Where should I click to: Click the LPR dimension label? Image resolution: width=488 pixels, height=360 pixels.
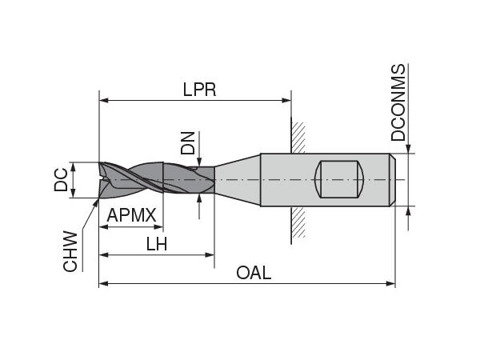pyautogui.click(x=199, y=89)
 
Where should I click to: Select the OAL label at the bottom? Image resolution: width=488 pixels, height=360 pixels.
pyautogui.click(x=254, y=273)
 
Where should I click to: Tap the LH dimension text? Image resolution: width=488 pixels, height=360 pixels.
pyautogui.click(x=157, y=244)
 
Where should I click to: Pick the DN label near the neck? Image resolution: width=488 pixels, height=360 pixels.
pyautogui.click(x=187, y=143)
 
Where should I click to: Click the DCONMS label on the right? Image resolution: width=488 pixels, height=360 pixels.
pyautogui.click(x=398, y=103)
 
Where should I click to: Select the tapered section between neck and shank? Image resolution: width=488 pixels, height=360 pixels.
pyautogui.click(x=238, y=180)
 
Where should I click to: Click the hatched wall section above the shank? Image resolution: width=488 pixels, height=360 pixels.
pyautogui.click(x=298, y=137)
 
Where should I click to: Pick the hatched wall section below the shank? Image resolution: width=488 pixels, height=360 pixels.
pyautogui.click(x=298, y=224)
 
